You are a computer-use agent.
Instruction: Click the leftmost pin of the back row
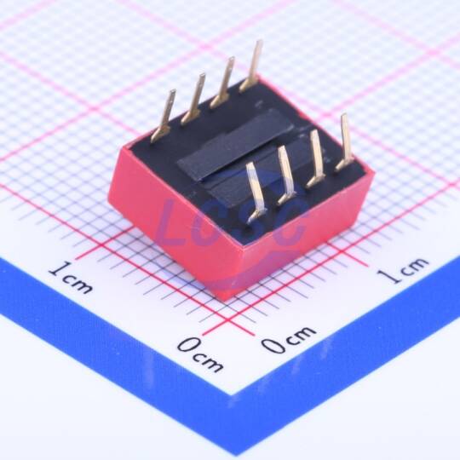coord(163,118)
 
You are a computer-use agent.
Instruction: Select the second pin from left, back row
coord(193,99)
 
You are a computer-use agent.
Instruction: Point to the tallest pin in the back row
coord(251,66)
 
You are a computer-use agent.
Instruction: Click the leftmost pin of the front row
coord(256,193)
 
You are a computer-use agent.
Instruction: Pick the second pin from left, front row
coord(285,175)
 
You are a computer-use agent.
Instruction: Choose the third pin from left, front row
coord(315,158)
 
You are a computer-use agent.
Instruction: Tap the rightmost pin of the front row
coord(344,142)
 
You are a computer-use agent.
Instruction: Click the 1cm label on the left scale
coord(71,278)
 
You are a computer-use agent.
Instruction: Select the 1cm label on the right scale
coord(402,269)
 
